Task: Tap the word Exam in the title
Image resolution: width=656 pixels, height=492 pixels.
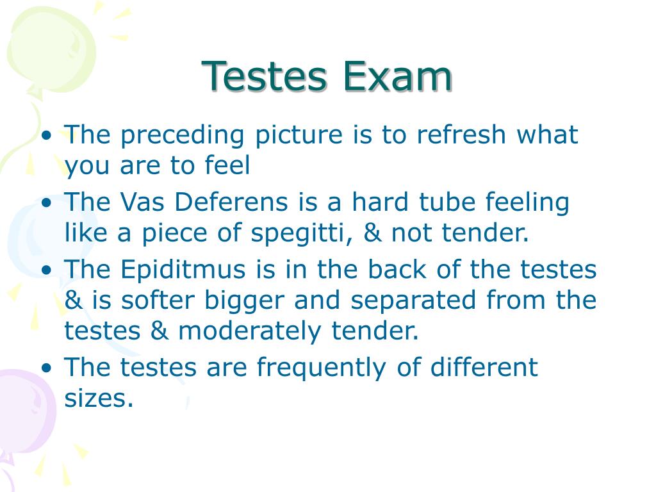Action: (x=397, y=76)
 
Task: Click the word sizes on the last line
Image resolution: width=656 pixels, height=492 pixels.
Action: (x=98, y=399)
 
